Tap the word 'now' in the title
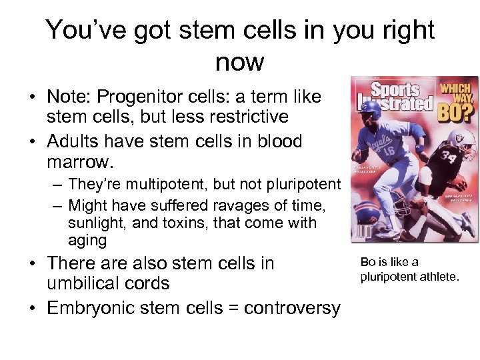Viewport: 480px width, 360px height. pos(240,62)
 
